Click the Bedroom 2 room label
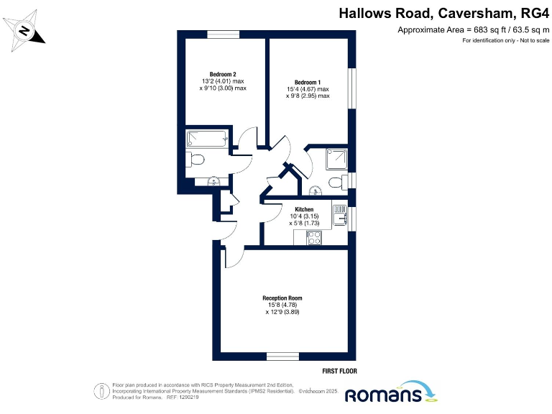pyautogui.click(x=223, y=75)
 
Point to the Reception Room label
pyautogui.click(x=282, y=298)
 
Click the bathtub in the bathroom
pyautogui.click(x=207, y=138)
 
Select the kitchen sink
pyautogui.click(x=340, y=215)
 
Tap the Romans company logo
pyautogui.click(x=392, y=393)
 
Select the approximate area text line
pyautogui.click(x=473, y=29)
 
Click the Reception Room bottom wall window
pyautogui.click(x=282, y=356)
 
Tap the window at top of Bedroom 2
pyautogui.click(x=224, y=34)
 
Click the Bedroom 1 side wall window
pyautogui.click(x=352, y=89)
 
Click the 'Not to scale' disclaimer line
pyautogui.click(x=505, y=40)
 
